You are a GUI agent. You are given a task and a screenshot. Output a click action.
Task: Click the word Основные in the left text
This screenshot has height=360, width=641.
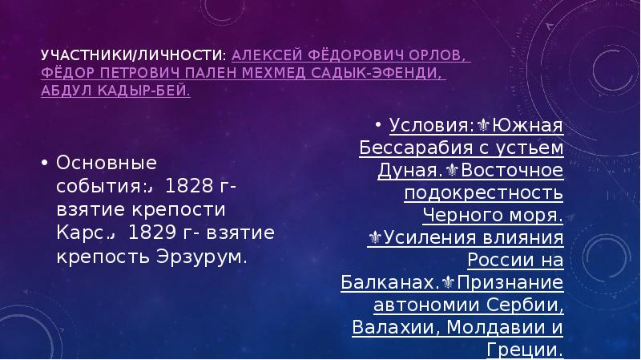[104, 164]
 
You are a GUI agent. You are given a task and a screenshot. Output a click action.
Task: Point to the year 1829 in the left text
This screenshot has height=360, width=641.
[154, 233]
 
